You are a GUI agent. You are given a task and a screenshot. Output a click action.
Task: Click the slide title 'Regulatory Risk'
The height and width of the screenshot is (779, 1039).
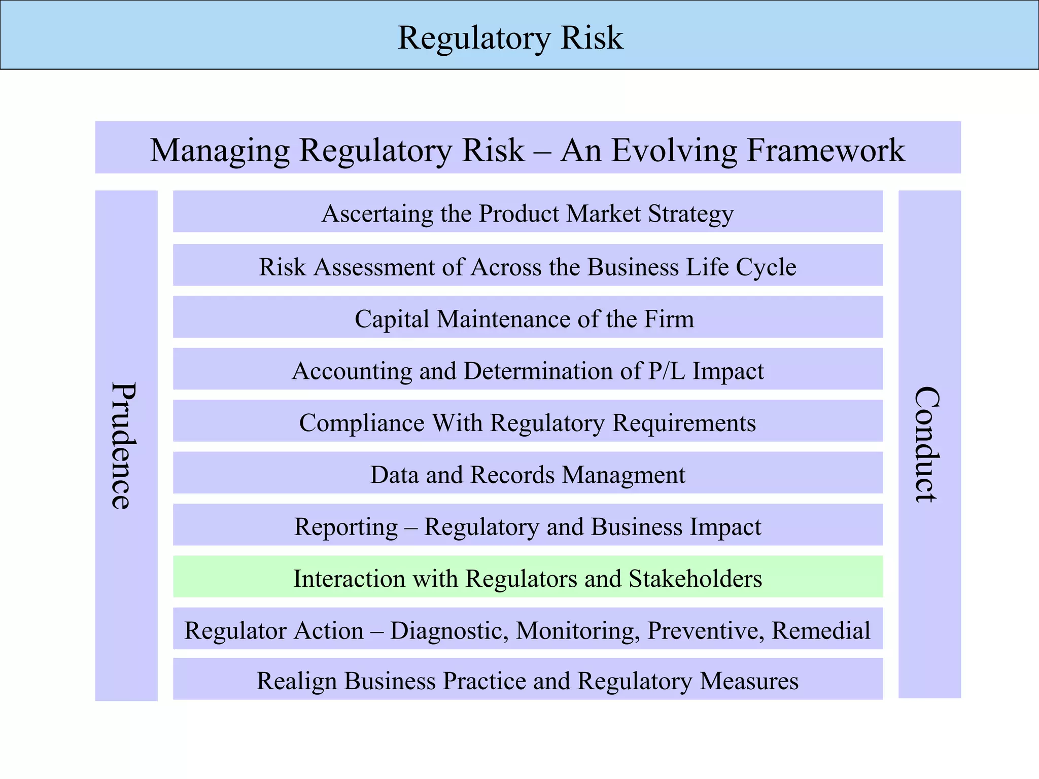[x=510, y=38]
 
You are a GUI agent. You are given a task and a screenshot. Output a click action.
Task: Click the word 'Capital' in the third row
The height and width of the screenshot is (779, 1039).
[x=392, y=319]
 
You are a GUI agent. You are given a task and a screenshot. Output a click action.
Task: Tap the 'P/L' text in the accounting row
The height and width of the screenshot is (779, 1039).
[x=667, y=371]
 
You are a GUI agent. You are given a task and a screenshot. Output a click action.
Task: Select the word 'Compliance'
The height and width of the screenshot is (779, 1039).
[x=362, y=423]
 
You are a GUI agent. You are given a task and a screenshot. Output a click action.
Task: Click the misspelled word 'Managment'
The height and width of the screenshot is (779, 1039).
[x=624, y=475]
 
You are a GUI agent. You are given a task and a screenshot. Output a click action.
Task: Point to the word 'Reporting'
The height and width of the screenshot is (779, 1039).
[x=346, y=527]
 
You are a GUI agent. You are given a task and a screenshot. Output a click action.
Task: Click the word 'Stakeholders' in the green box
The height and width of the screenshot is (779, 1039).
[x=695, y=579]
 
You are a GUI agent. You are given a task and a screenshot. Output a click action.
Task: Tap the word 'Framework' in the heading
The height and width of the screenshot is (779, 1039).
[x=826, y=150]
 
